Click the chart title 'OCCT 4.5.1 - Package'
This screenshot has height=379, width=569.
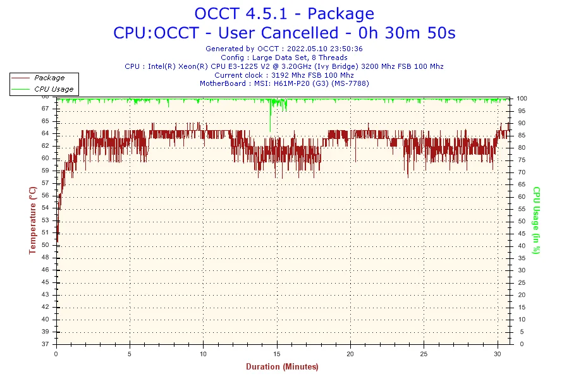[284, 13]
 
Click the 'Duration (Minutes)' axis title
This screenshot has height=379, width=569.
[282, 366]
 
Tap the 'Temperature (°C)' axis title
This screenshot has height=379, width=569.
[32, 220]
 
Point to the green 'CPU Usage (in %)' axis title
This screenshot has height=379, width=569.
[536, 220]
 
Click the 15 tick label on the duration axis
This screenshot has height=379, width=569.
[276, 353]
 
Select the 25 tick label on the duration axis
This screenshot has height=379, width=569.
[423, 353]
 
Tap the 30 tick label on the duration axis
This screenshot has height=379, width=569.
[496, 353]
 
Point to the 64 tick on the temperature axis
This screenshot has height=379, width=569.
[46, 133]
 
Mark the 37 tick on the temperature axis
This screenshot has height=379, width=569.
[46, 344]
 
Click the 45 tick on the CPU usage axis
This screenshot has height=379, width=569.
[522, 233]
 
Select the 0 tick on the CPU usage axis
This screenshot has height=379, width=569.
[519, 344]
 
